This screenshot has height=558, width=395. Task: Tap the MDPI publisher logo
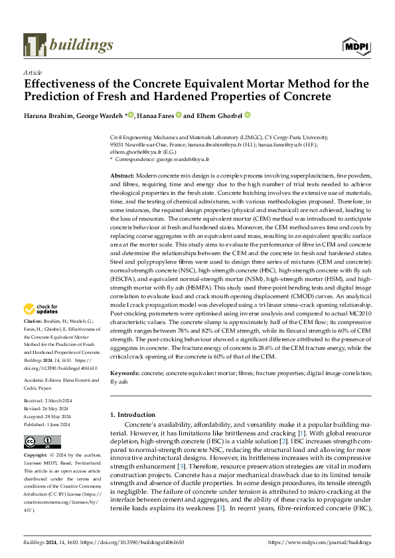pos(355,46)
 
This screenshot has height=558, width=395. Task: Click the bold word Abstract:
pos(123,172)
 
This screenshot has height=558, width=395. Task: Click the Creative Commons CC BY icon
pos(43,443)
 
